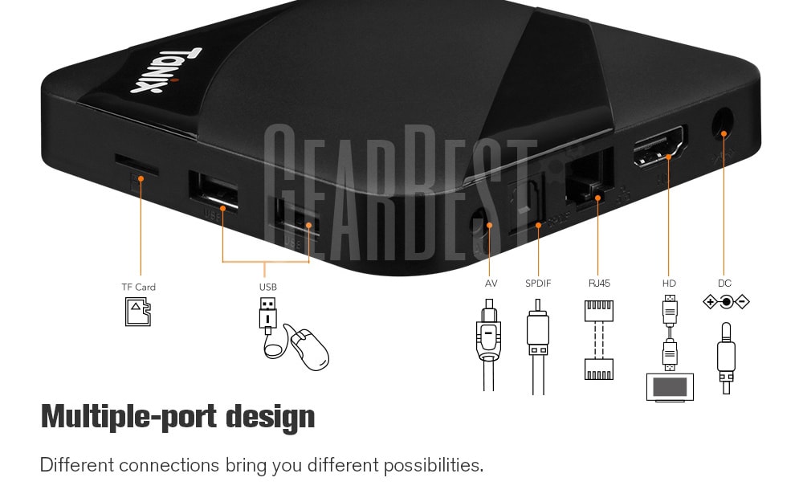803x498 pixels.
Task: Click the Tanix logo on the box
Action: pyautogui.click(x=166, y=70)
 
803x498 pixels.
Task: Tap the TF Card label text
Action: pyautogui.click(x=138, y=287)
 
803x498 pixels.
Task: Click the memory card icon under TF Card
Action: pyautogui.click(x=138, y=312)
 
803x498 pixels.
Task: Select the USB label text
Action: pyautogui.click(x=268, y=287)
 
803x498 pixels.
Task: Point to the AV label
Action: pyautogui.click(x=491, y=284)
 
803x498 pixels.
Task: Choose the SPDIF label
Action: pyautogui.click(x=538, y=284)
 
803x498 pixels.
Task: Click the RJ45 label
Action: pyautogui.click(x=599, y=284)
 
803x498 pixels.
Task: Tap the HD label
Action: pyautogui.click(x=669, y=284)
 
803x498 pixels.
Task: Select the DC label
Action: pyautogui.click(x=724, y=284)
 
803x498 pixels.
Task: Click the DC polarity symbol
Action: pyautogui.click(x=726, y=302)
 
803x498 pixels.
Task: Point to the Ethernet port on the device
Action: pyautogui.click(x=589, y=178)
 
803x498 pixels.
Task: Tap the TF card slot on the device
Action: pyautogui.click(x=137, y=165)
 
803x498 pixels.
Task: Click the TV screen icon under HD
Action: pyautogui.click(x=670, y=387)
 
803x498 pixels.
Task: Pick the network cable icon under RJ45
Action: pyautogui.click(x=599, y=340)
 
